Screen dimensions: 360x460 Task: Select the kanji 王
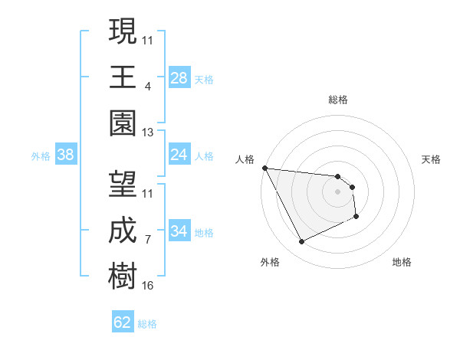(x=123, y=77)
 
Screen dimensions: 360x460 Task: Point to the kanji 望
(x=123, y=184)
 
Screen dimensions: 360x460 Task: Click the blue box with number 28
(x=179, y=78)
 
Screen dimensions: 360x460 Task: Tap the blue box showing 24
(x=179, y=155)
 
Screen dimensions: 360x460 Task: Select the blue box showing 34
(x=179, y=231)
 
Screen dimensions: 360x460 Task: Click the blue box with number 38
(x=65, y=155)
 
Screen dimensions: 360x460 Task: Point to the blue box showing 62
(x=123, y=322)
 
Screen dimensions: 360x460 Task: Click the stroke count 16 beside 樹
(x=148, y=286)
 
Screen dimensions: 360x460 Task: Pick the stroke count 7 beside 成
(x=148, y=240)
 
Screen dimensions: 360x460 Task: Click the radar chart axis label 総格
(x=337, y=100)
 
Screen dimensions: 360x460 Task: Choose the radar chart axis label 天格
(x=432, y=159)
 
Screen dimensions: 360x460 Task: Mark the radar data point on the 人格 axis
(x=265, y=168)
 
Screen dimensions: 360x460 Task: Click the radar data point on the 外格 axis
(x=301, y=242)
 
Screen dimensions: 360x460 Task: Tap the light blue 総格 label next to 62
(x=147, y=324)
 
